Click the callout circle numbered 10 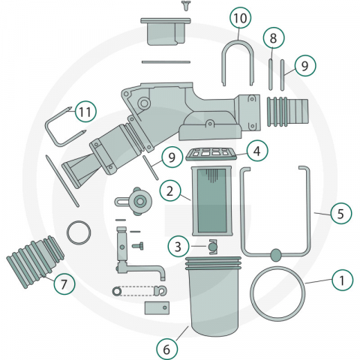pos(241,18)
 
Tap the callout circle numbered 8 pos(274,38)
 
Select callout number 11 pos(85,112)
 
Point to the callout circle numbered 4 pos(257,151)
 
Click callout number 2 pos(170,191)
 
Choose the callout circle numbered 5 pos(340,214)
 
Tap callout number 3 pos(178,247)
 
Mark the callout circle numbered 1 pos(342,280)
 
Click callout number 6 pos(167,349)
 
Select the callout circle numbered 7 pos(64,283)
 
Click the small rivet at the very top pos(185,5)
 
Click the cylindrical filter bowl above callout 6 pos(213,296)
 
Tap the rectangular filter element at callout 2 pos(212,201)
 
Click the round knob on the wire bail pos(276,255)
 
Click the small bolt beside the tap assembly pos(138,247)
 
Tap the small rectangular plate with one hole pos(157,307)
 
